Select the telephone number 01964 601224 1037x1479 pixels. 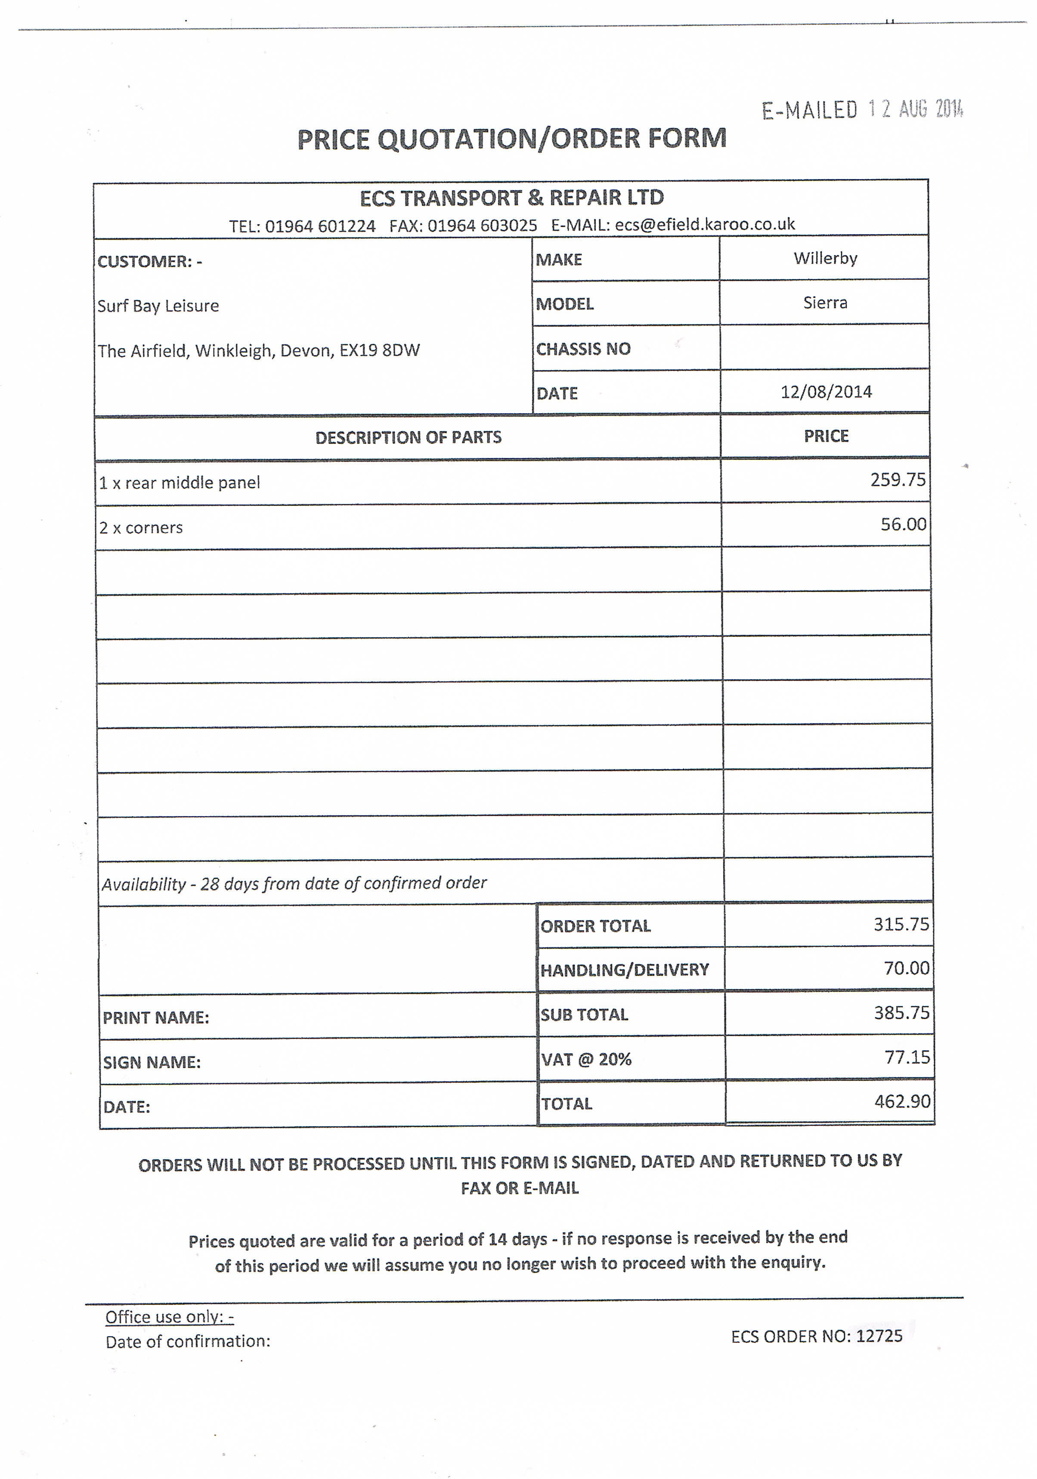(x=320, y=226)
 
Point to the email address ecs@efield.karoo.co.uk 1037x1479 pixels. (x=705, y=224)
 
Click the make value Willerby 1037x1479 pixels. (x=825, y=258)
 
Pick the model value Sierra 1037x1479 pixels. (x=825, y=303)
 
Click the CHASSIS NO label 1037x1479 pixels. (x=583, y=349)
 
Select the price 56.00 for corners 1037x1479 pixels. (x=903, y=524)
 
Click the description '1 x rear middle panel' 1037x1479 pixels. (x=179, y=483)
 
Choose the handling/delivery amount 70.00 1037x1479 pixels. (x=906, y=968)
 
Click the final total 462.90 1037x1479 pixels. (x=902, y=1102)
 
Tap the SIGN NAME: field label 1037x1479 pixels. (x=152, y=1062)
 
